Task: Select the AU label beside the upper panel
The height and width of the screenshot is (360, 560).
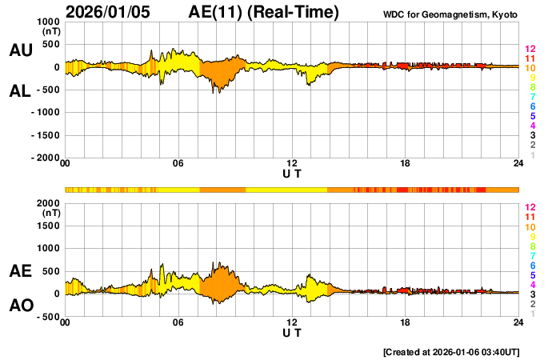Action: (20, 50)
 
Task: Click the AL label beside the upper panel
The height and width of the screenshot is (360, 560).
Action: (20, 91)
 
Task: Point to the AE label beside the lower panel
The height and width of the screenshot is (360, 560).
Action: (20, 271)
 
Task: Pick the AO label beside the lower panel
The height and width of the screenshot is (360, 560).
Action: (20, 306)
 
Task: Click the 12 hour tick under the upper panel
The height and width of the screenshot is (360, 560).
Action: (292, 164)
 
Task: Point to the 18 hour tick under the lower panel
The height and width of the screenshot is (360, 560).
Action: (406, 322)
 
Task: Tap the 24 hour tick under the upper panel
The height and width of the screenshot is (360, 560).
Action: (518, 164)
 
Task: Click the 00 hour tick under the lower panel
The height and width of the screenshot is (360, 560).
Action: (65, 322)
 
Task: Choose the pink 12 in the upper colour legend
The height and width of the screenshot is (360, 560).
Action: (530, 49)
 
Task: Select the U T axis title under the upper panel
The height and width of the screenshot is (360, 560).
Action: (292, 174)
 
